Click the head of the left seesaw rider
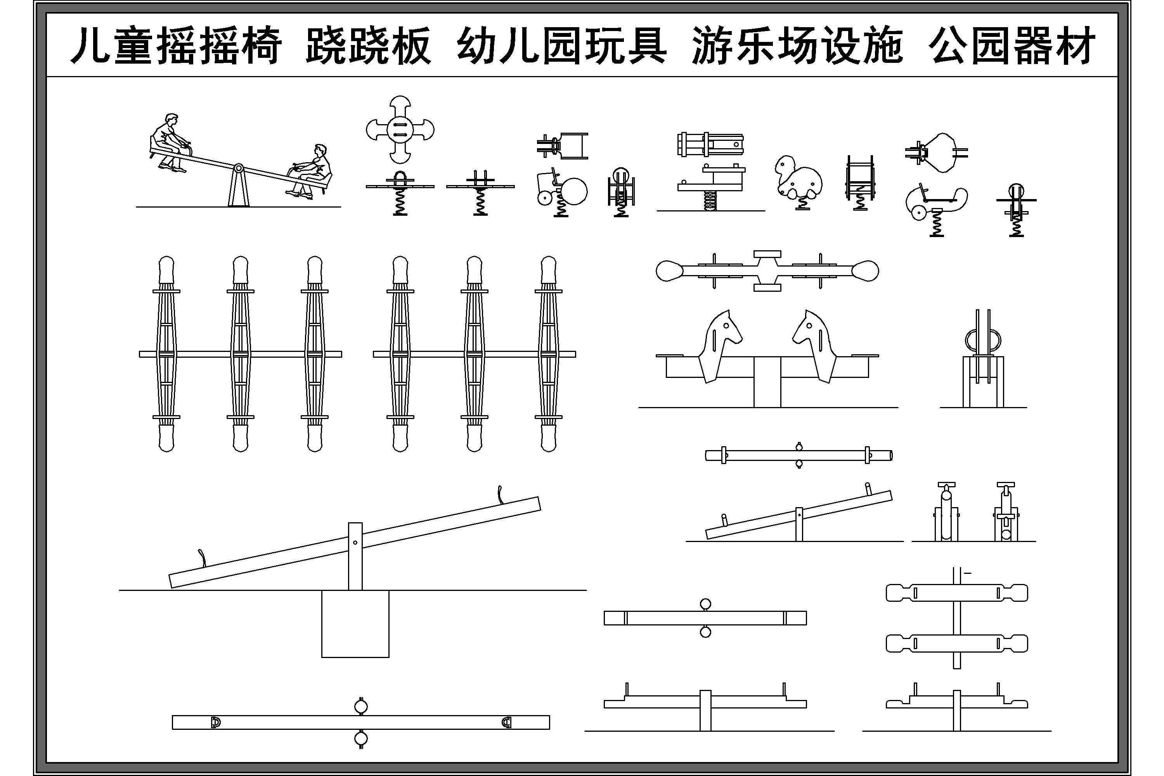[x=171, y=120]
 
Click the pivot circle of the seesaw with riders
[x=238, y=168]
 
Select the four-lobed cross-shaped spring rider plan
[x=400, y=130]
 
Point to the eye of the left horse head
[x=726, y=325]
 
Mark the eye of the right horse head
[x=810, y=325]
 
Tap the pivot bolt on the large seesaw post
[x=355, y=542]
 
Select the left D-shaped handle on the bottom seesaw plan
[x=215, y=722]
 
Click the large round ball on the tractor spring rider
[x=573, y=191]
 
